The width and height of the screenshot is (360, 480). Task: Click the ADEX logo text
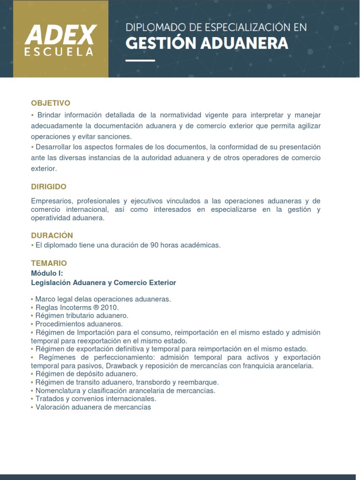coord(61,35)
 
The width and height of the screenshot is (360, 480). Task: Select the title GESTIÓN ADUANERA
coord(207,44)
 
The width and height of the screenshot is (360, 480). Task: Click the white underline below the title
coord(140,60)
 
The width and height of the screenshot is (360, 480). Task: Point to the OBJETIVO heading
coord(51,103)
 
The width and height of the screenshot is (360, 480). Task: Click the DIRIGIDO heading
coord(49,187)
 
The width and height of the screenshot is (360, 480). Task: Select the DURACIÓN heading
coord(52,235)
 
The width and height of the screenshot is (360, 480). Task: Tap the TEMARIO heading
coord(49,263)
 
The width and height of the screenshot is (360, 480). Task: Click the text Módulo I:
coord(47,273)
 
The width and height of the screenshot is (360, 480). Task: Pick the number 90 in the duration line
coord(154,245)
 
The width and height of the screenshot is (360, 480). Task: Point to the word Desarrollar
coord(56,147)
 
